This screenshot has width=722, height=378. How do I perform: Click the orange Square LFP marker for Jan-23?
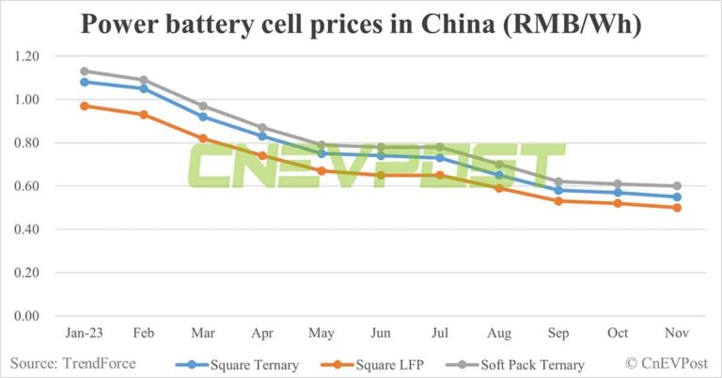[85, 105]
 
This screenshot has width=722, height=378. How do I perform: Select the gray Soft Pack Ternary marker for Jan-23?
[85, 71]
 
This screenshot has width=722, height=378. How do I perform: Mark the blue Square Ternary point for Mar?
[203, 117]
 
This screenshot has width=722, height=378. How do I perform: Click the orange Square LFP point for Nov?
[676, 208]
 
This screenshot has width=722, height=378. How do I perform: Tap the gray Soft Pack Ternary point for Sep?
[558, 181]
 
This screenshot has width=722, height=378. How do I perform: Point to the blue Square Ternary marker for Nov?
[676, 197]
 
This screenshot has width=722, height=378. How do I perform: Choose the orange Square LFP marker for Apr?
[262, 155]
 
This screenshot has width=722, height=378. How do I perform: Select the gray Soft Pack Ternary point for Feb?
[144, 80]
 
